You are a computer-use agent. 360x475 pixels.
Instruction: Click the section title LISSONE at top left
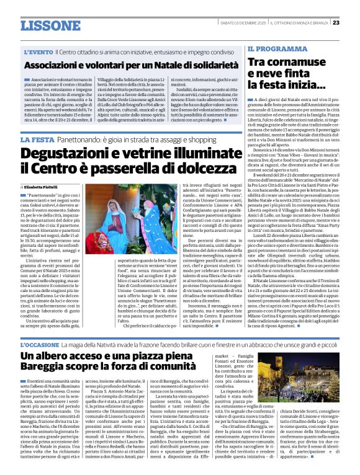(x=46, y=25)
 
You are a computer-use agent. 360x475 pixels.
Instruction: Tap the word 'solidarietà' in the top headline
(x=202, y=64)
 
